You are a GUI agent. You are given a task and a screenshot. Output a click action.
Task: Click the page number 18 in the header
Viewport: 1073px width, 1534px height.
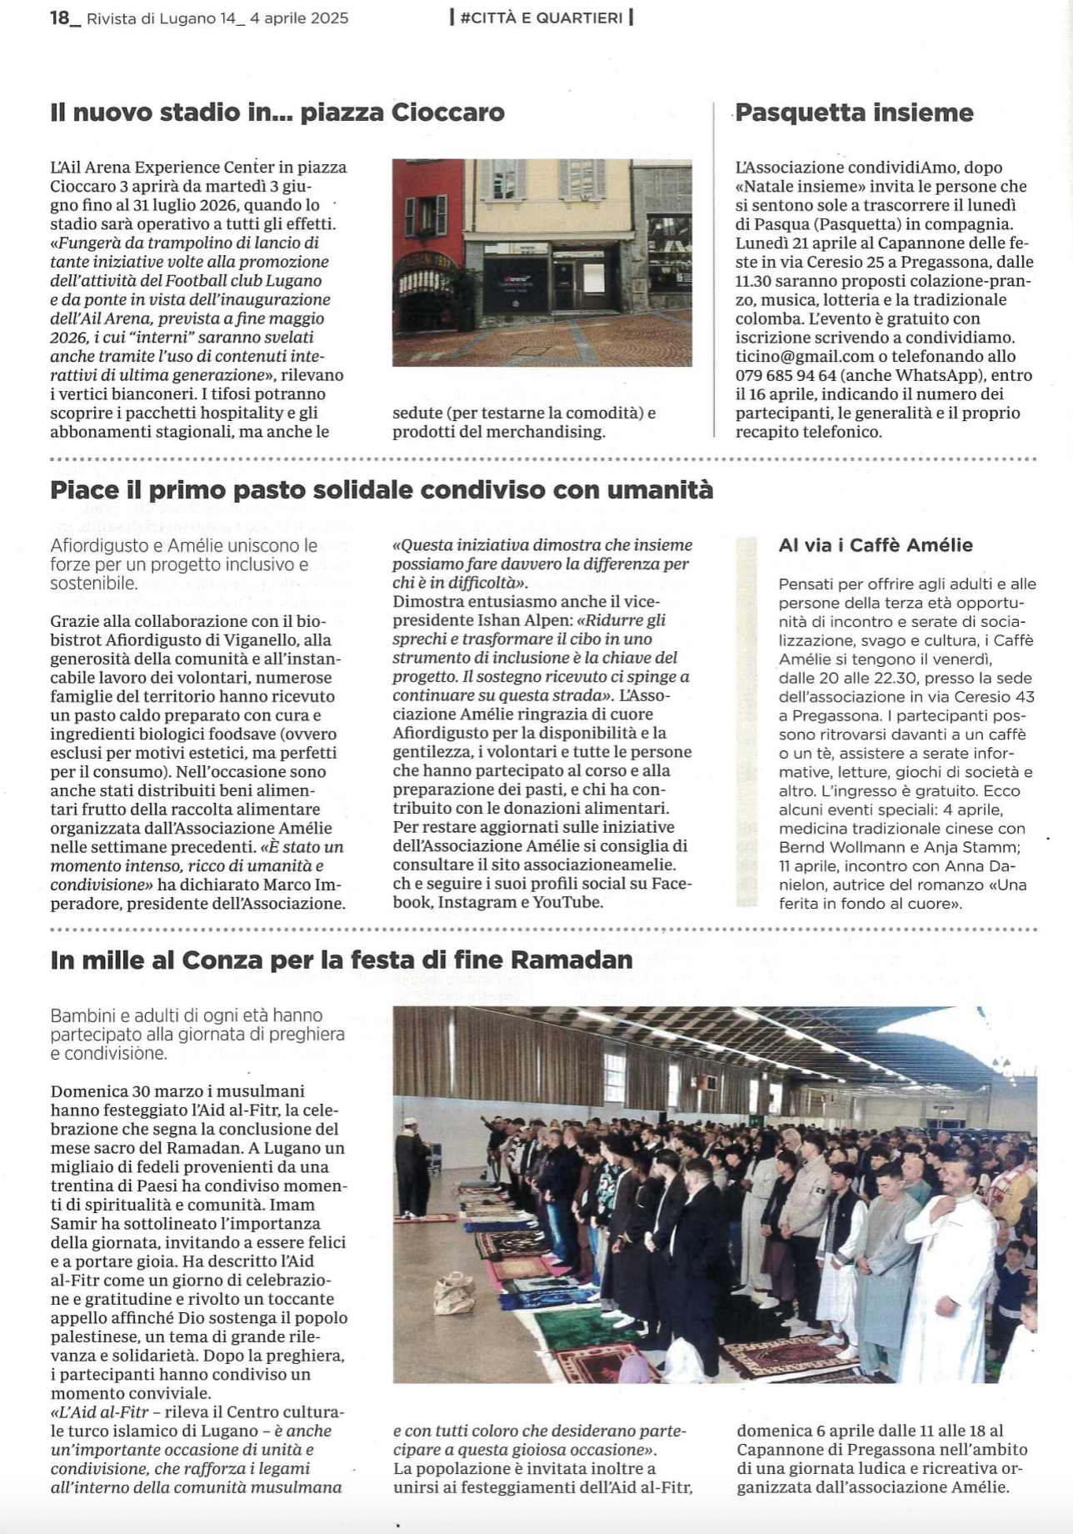pyautogui.click(x=60, y=18)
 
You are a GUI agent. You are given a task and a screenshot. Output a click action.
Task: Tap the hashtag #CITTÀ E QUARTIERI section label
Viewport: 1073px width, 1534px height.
pyautogui.click(x=541, y=18)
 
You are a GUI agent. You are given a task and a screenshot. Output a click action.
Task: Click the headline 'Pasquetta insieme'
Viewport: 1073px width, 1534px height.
pyautogui.click(x=854, y=113)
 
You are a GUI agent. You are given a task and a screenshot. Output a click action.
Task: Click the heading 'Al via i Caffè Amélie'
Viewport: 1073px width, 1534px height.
pyautogui.click(x=876, y=545)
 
